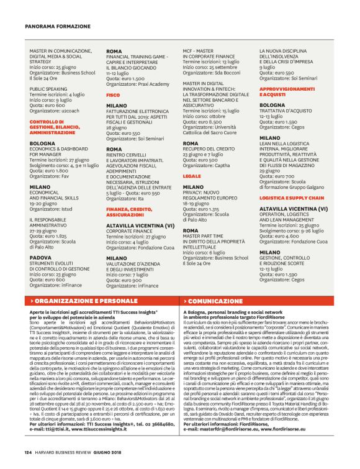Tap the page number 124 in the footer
(x=29, y=452)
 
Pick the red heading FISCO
(x=113, y=94)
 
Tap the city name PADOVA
(x=40, y=257)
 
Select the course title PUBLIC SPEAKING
(x=49, y=89)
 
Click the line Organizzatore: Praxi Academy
(x=137, y=83)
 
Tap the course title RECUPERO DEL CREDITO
(x=212, y=149)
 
